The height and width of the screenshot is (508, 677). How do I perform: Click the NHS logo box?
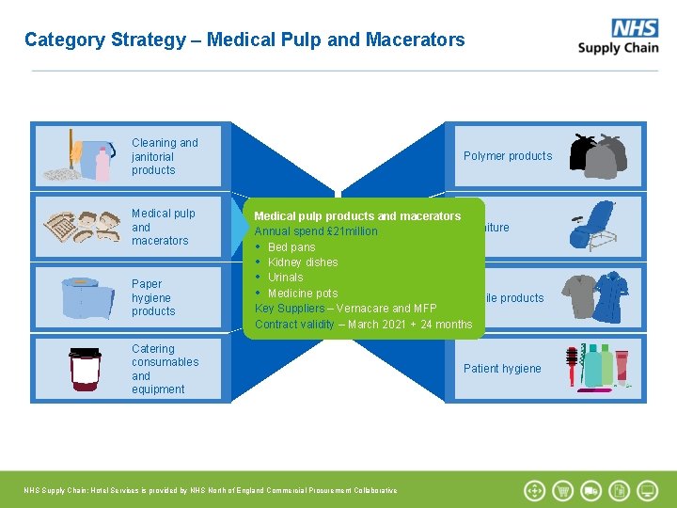point(635,27)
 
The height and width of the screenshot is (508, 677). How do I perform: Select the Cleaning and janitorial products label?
point(164,156)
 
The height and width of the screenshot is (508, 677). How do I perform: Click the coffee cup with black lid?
point(85,369)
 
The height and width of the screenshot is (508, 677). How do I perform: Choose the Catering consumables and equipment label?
point(164,369)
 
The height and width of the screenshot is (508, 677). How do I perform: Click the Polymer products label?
point(508,156)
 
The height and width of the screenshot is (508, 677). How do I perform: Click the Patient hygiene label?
point(502,369)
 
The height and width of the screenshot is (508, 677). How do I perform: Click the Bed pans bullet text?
point(291,246)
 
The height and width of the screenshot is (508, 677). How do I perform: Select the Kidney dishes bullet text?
point(303,262)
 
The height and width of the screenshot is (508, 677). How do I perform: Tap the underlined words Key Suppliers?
point(289,309)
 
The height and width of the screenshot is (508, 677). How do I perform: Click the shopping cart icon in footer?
point(563,490)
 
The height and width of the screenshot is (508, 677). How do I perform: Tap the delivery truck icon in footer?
point(591,490)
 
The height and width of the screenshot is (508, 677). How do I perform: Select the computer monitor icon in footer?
point(648,490)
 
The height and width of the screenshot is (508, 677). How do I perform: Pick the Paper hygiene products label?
point(152,297)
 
